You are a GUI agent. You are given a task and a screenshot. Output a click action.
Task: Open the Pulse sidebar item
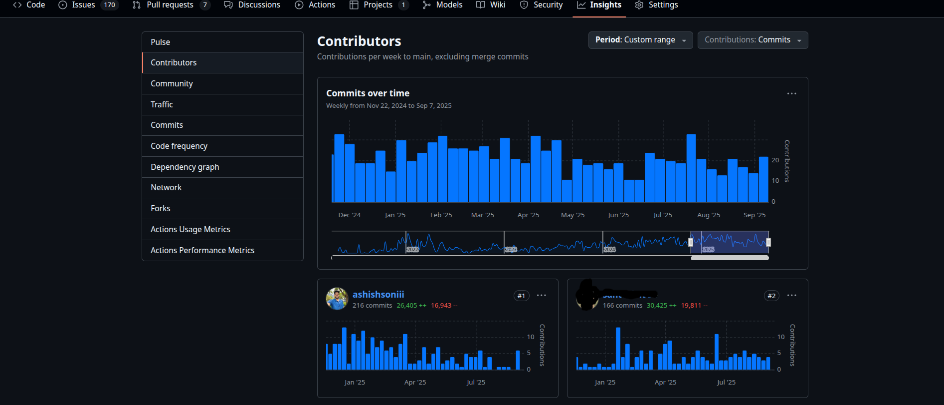coord(160,42)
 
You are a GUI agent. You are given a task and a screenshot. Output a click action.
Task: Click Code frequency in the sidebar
coord(179,146)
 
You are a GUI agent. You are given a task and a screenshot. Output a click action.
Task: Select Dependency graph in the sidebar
coord(185,167)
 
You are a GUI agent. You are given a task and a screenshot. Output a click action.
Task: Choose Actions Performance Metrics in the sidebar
coord(202,250)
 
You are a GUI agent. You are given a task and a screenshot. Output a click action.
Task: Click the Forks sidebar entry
coord(160,208)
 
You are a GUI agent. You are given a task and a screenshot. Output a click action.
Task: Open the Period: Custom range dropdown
coord(640,40)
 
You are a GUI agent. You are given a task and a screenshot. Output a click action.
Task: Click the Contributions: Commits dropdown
coord(752,40)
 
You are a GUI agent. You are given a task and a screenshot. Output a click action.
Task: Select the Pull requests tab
coord(170,5)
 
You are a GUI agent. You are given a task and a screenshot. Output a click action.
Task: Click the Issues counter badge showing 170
coord(110,5)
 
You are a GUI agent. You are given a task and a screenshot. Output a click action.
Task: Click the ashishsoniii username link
coord(378,294)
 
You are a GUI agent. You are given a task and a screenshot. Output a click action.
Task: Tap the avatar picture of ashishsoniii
coord(337,299)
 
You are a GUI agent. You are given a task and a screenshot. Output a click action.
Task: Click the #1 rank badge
coord(521,296)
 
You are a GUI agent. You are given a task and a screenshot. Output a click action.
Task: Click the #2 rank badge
coord(771,296)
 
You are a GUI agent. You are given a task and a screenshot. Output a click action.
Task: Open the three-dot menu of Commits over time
coord(791,93)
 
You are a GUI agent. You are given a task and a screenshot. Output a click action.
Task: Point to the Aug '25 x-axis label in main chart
coord(709,215)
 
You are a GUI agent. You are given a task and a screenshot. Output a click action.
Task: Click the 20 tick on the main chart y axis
coord(775,160)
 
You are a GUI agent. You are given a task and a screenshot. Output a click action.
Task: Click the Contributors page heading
coord(359,41)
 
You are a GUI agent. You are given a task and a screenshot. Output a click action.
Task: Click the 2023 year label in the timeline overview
coord(511,249)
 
